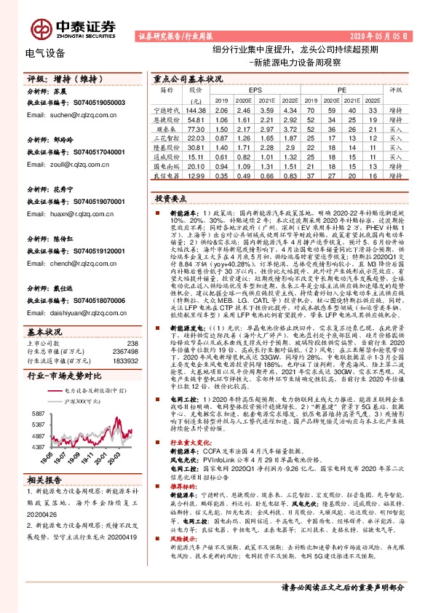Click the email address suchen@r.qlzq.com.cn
click(70, 114)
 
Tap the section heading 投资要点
click(170, 198)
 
